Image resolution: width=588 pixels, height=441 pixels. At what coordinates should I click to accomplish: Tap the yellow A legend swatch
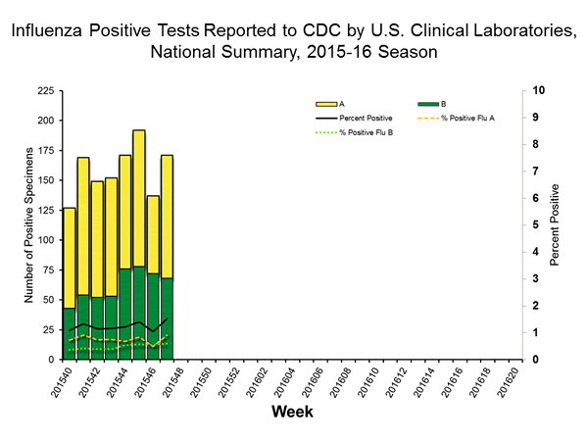[x=325, y=103]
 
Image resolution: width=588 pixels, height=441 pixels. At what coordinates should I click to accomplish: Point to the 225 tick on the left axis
[x=46, y=90]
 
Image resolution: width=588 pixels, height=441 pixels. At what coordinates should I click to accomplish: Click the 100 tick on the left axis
[x=46, y=240]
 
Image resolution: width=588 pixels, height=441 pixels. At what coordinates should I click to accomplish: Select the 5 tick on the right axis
[x=538, y=225]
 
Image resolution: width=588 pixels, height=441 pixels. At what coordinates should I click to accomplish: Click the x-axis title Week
[x=292, y=413]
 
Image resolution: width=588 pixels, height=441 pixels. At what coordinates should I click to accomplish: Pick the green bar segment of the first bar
[x=69, y=333]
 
